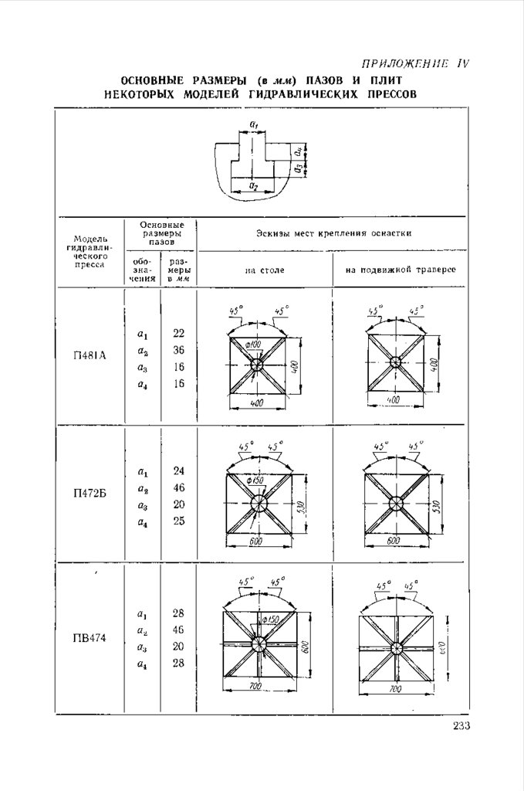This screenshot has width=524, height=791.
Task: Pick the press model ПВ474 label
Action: point(90,638)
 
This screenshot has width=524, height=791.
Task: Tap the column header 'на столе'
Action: point(265,271)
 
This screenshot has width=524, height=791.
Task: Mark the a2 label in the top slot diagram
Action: point(253,186)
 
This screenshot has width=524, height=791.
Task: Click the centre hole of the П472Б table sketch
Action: point(258,502)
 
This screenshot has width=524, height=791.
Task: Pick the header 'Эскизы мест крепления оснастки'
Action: point(333,233)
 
